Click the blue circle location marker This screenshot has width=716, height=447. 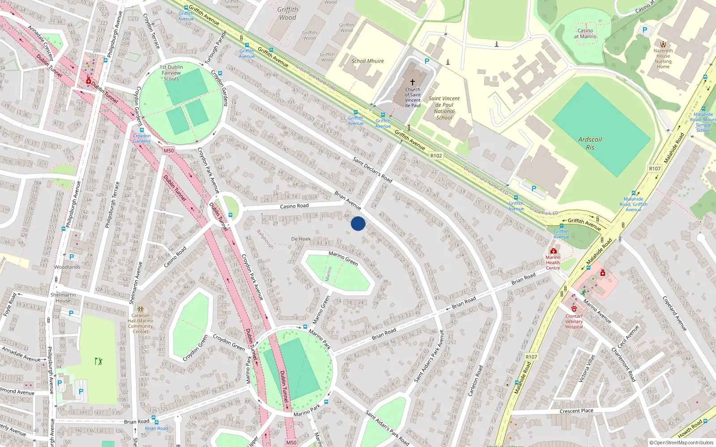click(x=358, y=223)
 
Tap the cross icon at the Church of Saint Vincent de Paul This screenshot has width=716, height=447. click(x=413, y=82)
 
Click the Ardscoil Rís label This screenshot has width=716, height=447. click(x=590, y=143)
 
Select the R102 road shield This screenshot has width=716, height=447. click(x=436, y=156)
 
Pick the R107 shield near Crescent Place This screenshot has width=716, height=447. click(x=531, y=357)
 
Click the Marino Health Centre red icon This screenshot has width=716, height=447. click(x=554, y=251)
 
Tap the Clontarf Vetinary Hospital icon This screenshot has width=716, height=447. click(x=574, y=308)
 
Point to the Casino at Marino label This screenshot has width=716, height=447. click(x=585, y=34)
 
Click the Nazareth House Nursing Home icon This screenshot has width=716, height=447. click(x=663, y=44)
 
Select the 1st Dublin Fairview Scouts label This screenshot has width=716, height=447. click(x=171, y=73)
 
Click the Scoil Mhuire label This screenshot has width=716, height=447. click(x=367, y=61)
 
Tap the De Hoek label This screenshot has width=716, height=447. click(x=301, y=239)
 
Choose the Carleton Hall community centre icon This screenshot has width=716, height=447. click(x=141, y=309)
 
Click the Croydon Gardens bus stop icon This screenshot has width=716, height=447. click(x=142, y=130)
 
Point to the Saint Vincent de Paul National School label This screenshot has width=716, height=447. click(x=444, y=108)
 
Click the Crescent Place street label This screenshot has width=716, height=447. click(x=576, y=411)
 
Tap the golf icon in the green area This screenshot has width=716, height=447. click(x=98, y=361)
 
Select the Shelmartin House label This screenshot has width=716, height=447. click(x=63, y=298)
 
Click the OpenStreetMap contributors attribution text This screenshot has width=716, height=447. click(x=681, y=443)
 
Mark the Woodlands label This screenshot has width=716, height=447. click(x=67, y=267)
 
